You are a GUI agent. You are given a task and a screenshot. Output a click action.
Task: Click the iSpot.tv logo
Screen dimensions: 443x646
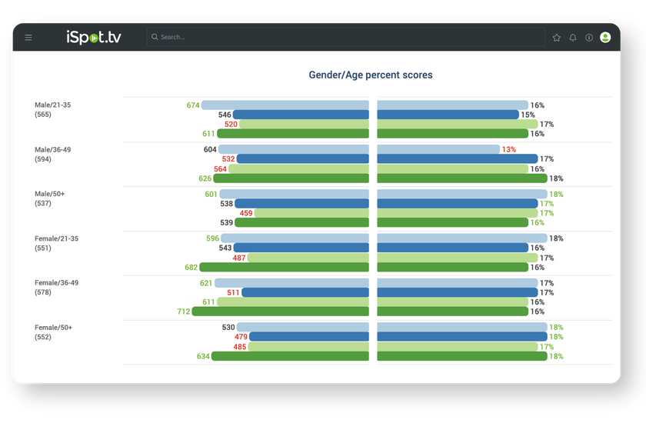click(94, 37)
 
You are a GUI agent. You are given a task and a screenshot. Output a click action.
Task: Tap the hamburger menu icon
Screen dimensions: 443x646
click(28, 37)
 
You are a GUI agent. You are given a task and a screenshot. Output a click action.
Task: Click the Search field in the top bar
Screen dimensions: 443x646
click(346, 37)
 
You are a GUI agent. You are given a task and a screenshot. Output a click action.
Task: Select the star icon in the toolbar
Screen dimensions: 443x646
click(557, 37)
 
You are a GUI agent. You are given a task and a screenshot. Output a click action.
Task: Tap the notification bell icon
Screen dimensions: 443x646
click(573, 37)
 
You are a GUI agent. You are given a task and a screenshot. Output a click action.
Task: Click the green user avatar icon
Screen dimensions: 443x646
click(605, 37)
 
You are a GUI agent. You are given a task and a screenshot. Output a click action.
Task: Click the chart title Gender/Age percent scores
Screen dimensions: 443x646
click(371, 75)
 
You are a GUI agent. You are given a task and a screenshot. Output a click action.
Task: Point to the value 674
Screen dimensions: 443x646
click(193, 105)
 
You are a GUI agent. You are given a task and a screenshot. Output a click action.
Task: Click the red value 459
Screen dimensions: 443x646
click(246, 213)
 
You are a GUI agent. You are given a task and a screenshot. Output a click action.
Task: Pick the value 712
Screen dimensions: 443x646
click(183, 311)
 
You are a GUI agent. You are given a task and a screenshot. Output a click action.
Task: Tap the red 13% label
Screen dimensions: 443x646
click(509, 150)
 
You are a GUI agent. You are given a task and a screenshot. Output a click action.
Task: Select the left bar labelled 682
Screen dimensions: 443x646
click(285, 268)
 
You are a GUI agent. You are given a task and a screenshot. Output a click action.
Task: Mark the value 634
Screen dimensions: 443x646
click(203, 356)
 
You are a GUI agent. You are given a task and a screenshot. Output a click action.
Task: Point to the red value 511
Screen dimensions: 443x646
click(233, 293)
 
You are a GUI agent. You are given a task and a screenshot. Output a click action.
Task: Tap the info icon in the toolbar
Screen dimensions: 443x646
click(589, 37)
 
